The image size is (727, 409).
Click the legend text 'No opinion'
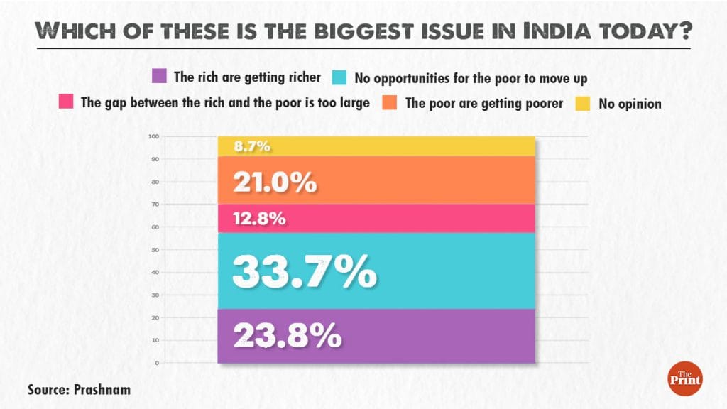coord(630,104)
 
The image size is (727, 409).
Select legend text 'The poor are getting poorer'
coord(483,103)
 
